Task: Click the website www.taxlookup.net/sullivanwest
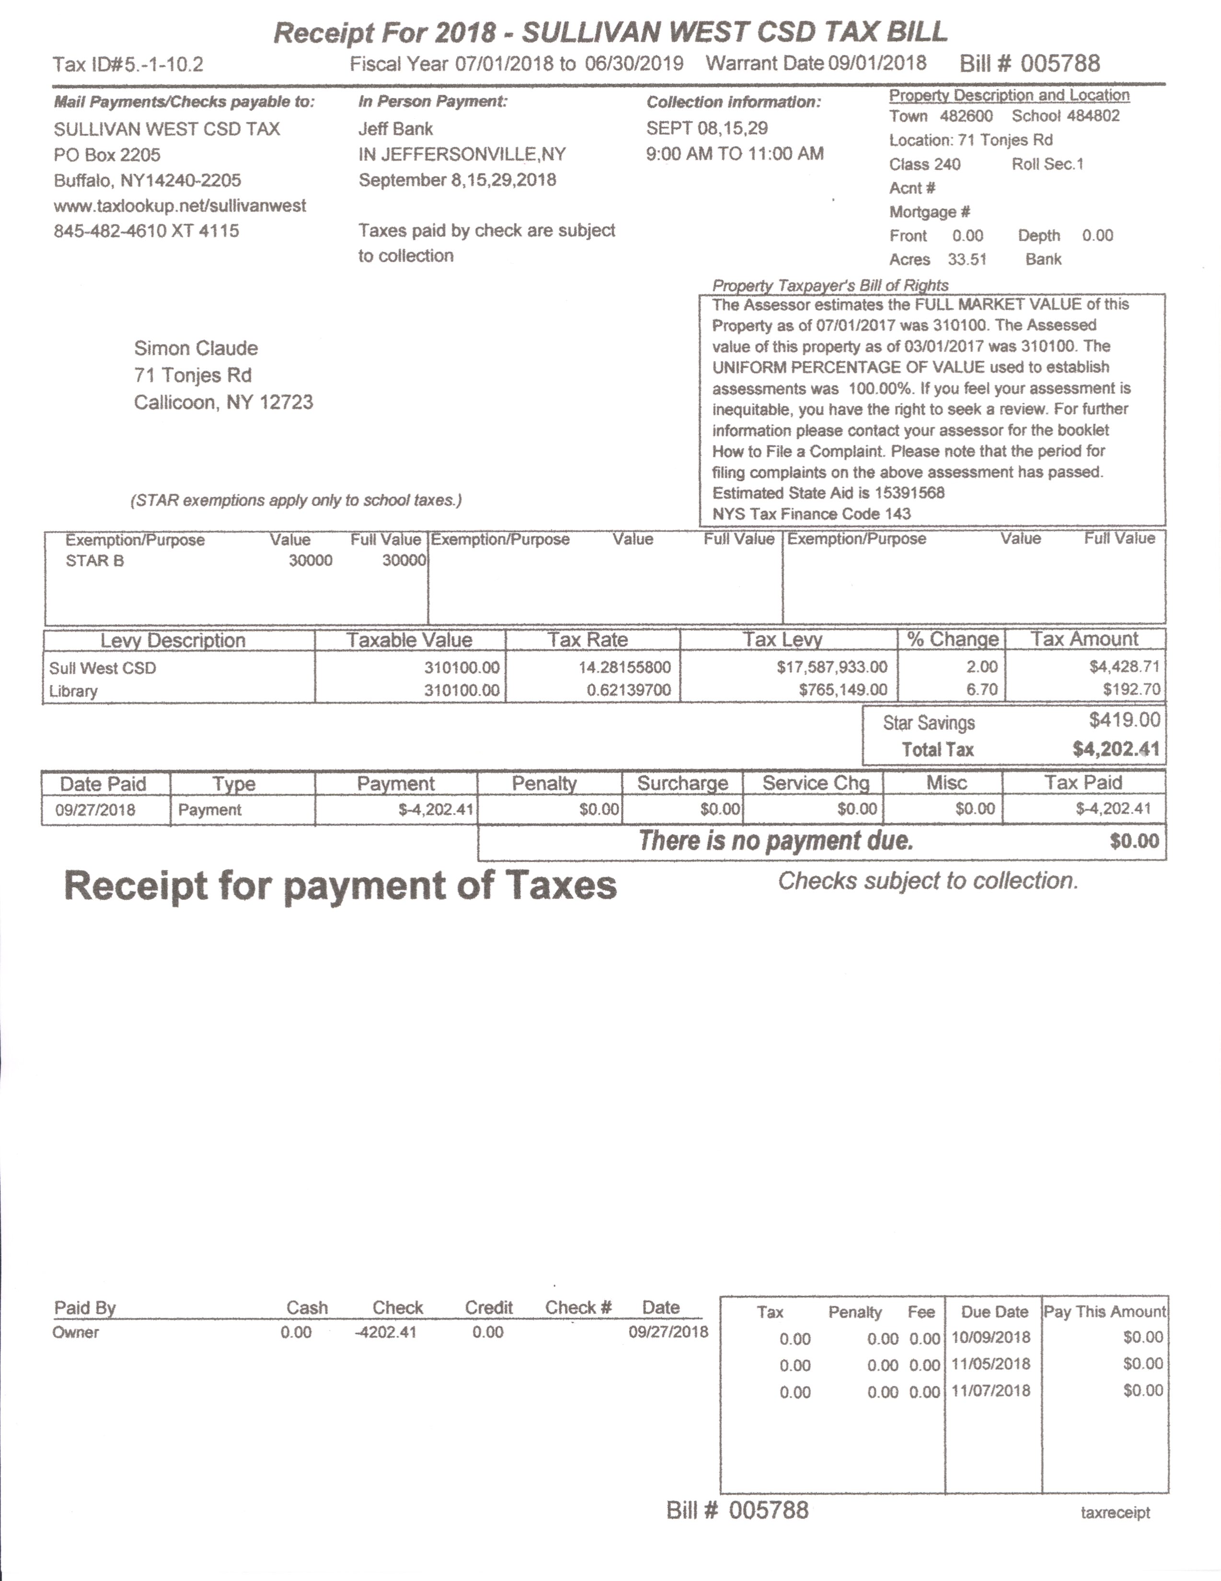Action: (x=180, y=206)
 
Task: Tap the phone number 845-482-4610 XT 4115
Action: (x=146, y=231)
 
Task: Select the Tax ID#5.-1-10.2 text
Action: (x=128, y=64)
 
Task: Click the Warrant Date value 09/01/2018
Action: (x=877, y=63)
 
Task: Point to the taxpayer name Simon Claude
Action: (x=196, y=348)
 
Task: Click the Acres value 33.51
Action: (x=967, y=259)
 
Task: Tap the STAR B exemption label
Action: (x=95, y=561)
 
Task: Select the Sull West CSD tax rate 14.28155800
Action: (x=624, y=667)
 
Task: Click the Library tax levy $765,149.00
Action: (x=843, y=689)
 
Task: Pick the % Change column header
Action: (x=952, y=639)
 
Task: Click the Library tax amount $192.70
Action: (x=1131, y=689)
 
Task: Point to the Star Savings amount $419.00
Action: (x=1124, y=720)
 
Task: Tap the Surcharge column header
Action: (x=682, y=783)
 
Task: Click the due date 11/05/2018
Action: (x=991, y=1364)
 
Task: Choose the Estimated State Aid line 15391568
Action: (x=828, y=493)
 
